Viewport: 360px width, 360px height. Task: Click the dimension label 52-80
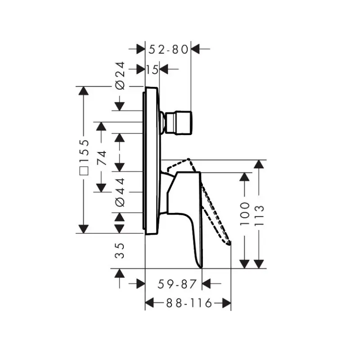point(168,49)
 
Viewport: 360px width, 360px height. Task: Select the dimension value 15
point(152,70)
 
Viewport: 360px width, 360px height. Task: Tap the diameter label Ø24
point(120,75)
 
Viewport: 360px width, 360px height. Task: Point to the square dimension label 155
point(84,157)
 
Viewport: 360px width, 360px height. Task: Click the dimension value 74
point(102,158)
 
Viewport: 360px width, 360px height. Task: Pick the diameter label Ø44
point(120,192)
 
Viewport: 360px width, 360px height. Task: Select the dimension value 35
point(119,251)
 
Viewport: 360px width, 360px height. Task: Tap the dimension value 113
point(260,215)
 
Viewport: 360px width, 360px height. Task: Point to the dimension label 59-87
point(177,284)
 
